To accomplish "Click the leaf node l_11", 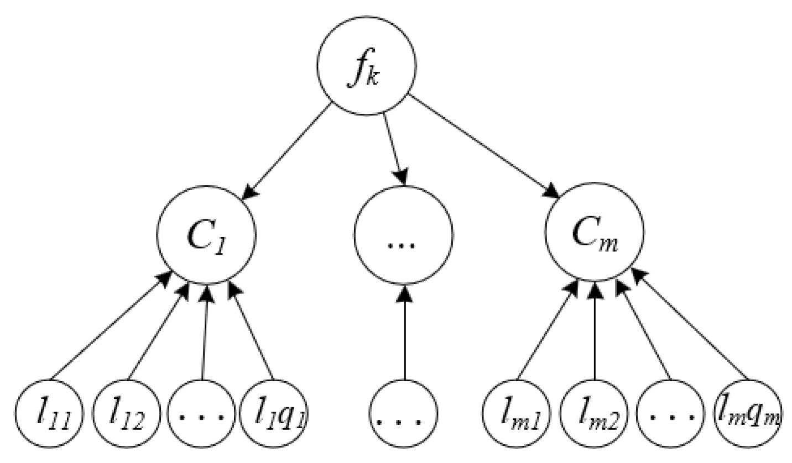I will click(49, 413).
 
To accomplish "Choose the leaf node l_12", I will click(126, 413).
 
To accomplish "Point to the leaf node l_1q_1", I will click(275, 413).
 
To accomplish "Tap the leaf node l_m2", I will click(595, 413).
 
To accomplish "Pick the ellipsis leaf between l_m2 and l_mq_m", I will click(670, 413).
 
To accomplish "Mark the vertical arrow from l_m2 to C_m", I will click(595, 332).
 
